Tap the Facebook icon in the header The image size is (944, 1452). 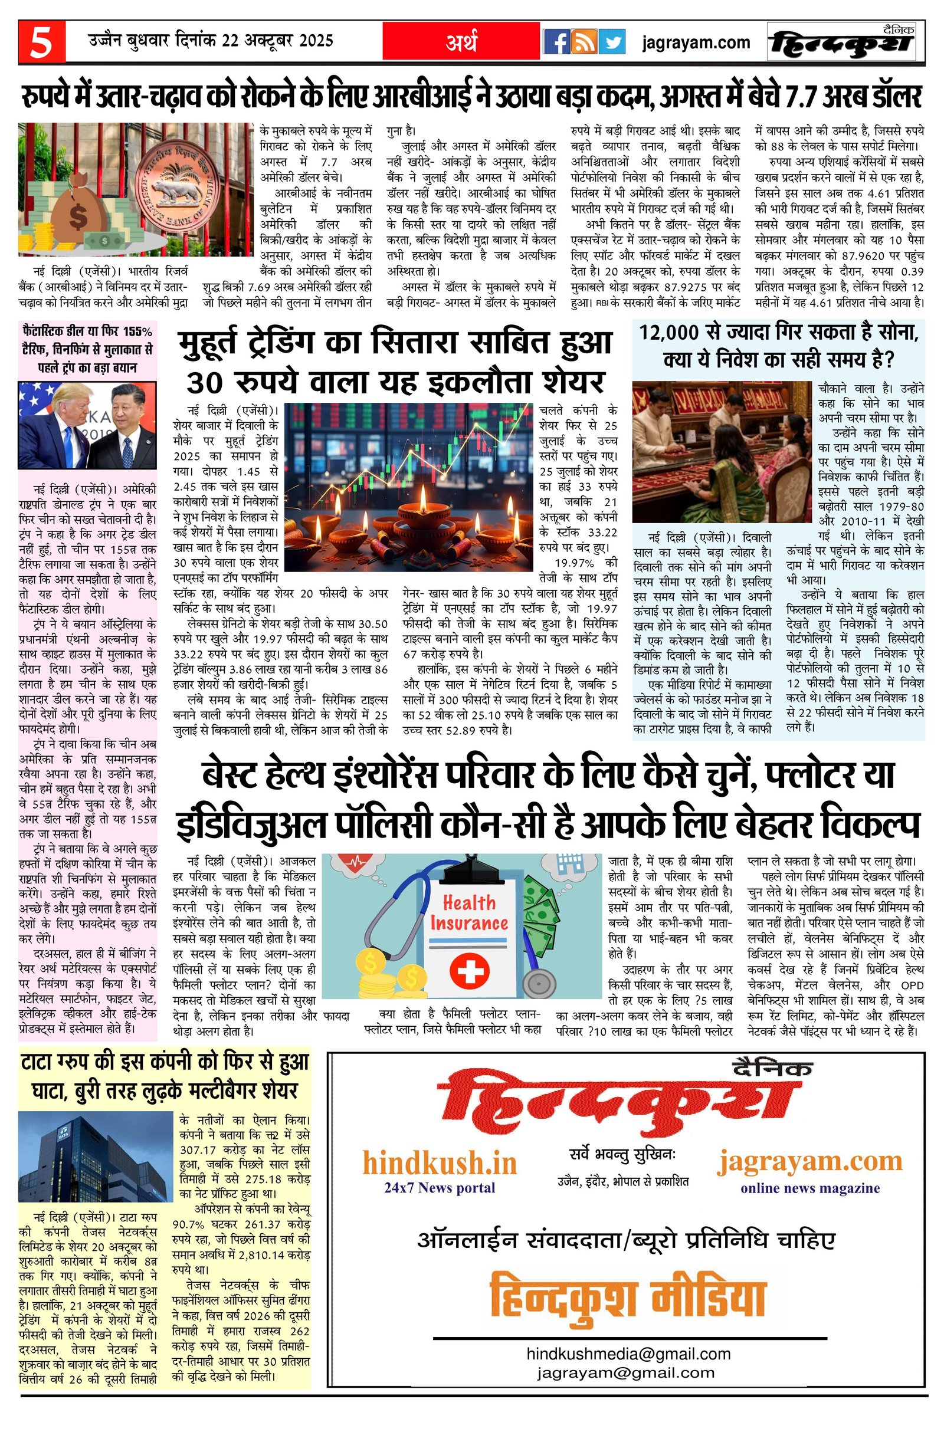click(556, 42)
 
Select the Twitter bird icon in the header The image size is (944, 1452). click(612, 42)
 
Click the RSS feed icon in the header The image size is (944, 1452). click(584, 42)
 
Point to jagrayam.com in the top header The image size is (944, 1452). click(696, 42)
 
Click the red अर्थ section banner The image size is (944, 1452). click(461, 41)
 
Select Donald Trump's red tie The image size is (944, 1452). click(68, 446)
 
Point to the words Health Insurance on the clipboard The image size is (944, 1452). click(468, 912)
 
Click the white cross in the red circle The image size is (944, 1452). click(468, 971)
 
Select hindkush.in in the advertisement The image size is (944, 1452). click(440, 1163)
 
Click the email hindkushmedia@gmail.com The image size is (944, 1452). click(628, 1353)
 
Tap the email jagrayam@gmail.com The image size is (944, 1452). click(625, 1373)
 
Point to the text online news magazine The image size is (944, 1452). click(809, 1188)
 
